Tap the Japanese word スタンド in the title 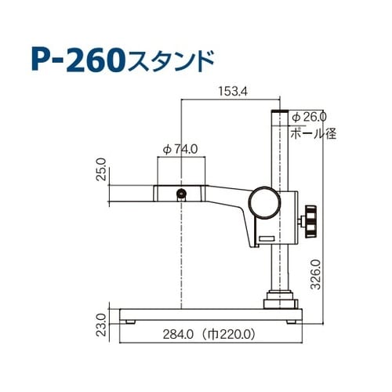tap(169, 58)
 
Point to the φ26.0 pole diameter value tap(312, 116)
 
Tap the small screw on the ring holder tap(182, 194)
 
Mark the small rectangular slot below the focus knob tap(267, 237)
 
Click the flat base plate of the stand tap(212, 313)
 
